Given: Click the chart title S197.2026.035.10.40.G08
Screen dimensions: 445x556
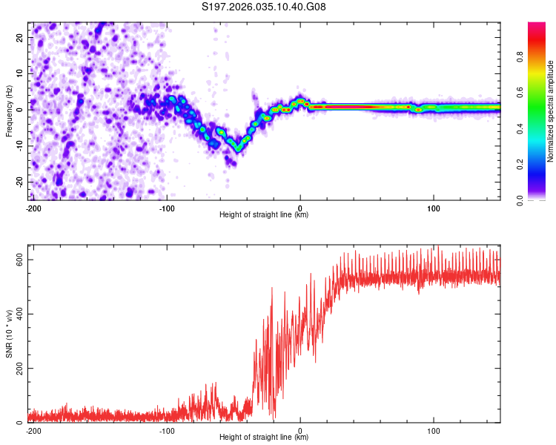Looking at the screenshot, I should (265, 7).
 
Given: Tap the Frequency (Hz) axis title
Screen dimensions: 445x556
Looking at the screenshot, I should (9, 111).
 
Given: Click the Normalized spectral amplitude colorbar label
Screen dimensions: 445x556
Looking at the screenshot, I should (550, 111).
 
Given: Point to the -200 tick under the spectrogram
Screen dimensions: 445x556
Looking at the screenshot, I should (33, 208).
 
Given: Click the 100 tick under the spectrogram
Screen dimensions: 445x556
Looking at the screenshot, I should (434, 208).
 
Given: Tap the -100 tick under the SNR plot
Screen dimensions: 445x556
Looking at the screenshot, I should (167, 431).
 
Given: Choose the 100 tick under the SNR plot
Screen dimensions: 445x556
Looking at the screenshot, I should (434, 431).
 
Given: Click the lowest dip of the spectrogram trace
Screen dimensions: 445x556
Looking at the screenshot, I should (238, 148).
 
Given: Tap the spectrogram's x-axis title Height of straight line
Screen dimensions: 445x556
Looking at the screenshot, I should (264, 215).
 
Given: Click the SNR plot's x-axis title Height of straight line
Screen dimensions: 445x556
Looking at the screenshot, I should (264, 438).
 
